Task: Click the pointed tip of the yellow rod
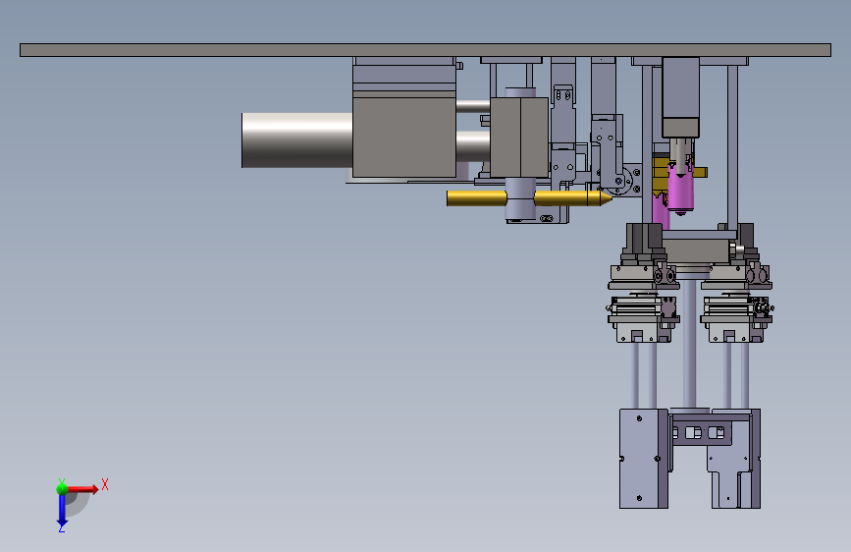click(x=612, y=197)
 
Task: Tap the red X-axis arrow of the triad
click(x=81, y=489)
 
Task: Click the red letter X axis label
click(x=105, y=484)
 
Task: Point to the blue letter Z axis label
click(x=62, y=527)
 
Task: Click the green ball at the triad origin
click(x=62, y=489)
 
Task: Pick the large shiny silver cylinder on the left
click(x=296, y=140)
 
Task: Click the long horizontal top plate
click(x=426, y=50)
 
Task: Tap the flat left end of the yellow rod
click(x=448, y=198)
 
